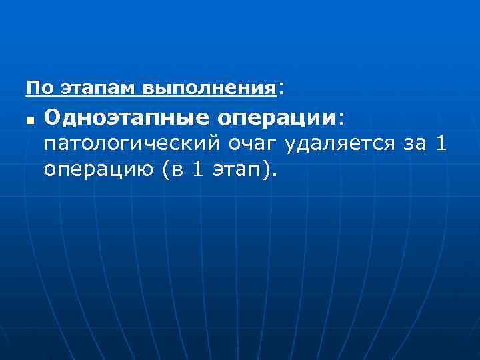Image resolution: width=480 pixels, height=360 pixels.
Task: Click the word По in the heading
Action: (37, 87)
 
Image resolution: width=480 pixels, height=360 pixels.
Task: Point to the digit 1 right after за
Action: (441, 143)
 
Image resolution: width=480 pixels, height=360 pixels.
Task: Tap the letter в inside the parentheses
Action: (176, 170)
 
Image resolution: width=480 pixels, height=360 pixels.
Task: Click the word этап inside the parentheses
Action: (237, 170)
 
